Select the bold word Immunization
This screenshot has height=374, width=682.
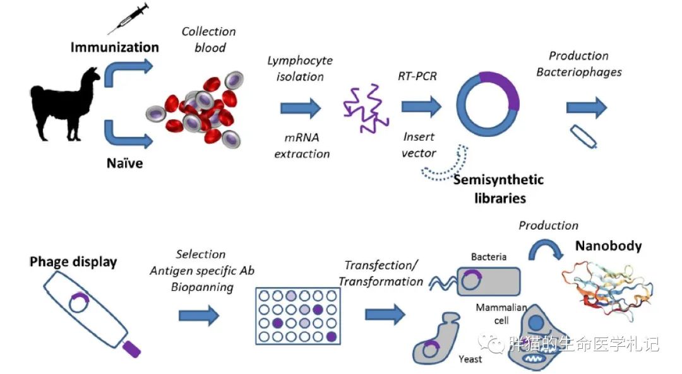point(114,47)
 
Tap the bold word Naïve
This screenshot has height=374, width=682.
point(124,163)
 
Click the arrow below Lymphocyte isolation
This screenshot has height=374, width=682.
point(301,108)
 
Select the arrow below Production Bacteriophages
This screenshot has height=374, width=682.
point(586,108)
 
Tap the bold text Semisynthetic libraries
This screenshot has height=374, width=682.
point(498,189)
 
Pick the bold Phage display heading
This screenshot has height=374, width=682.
point(73,261)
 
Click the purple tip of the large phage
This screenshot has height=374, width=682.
point(132,348)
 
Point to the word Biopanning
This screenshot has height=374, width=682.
point(201,287)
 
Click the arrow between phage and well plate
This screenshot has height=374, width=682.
point(199,315)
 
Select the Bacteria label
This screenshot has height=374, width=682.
point(489,257)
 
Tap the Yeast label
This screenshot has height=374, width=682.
point(470,359)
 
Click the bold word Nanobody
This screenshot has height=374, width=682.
point(608,246)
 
